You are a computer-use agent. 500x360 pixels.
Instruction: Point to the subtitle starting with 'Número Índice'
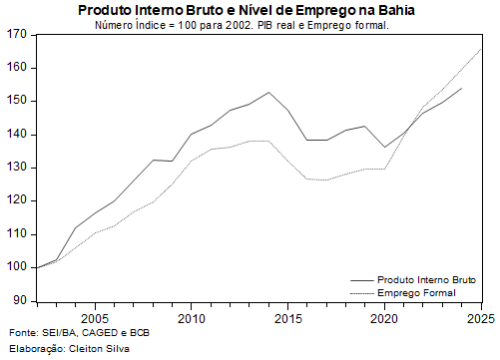tap(242, 24)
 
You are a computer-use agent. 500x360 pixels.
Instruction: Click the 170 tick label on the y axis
tap(15, 35)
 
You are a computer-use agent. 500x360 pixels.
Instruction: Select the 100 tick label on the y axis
tap(15, 267)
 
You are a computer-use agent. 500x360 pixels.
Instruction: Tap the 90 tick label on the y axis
tap(18, 300)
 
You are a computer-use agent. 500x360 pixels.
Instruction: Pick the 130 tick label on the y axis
tap(15, 168)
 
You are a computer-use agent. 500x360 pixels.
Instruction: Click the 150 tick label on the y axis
tap(15, 101)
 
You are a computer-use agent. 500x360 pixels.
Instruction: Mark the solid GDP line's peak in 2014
tap(268, 92)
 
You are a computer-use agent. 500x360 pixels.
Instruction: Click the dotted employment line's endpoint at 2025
tap(481, 48)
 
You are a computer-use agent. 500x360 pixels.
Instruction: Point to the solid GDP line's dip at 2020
tap(384, 147)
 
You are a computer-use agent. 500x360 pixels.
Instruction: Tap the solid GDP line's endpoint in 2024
tap(461, 88)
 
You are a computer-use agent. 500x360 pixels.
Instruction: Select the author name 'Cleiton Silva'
tap(106, 348)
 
